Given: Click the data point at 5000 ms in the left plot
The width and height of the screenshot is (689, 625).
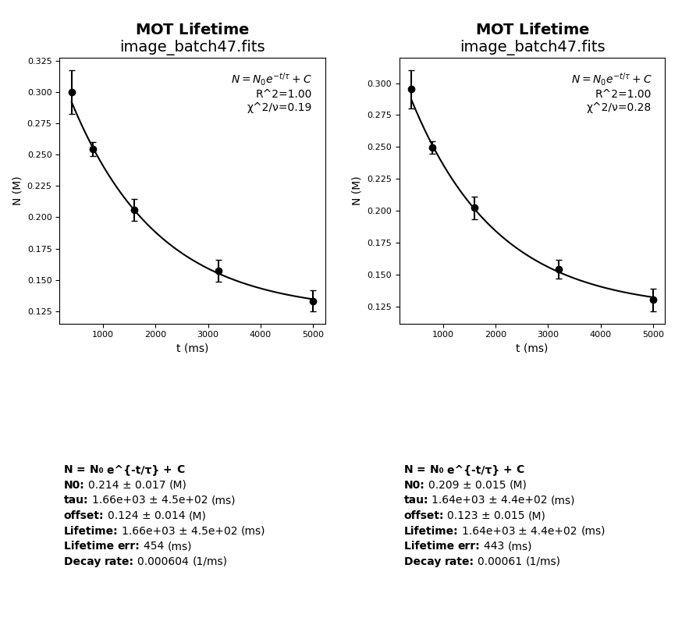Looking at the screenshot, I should tap(313, 301).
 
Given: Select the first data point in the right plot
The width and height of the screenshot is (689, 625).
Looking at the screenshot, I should tap(411, 89).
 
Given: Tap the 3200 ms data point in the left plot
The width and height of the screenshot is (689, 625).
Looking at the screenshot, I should tap(218, 271).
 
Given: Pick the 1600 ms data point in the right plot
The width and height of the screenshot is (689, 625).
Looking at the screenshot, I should tap(474, 208).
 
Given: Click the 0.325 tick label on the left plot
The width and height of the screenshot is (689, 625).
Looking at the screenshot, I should tap(40, 61).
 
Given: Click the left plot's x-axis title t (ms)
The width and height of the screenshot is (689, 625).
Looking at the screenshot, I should tap(192, 349).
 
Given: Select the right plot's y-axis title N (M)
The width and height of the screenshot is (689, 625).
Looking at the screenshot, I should tap(357, 190).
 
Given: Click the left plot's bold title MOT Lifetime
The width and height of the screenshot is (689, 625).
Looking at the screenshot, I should tap(192, 30).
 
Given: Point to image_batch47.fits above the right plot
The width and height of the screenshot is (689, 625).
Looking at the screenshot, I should tap(532, 47).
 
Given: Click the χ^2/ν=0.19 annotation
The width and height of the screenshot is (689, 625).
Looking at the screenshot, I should tap(279, 108).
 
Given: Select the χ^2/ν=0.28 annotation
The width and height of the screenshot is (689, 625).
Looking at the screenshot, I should tap(619, 108).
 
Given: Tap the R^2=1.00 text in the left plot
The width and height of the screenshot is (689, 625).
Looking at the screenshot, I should tap(283, 94).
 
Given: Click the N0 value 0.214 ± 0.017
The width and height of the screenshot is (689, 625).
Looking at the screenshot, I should tap(126, 485).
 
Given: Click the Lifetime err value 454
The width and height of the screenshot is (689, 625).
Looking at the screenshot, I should tap(154, 546).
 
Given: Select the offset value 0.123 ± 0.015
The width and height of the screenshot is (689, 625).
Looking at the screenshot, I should tap(485, 516).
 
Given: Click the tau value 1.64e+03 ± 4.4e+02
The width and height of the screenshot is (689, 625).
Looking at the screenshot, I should tap(489, 500).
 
